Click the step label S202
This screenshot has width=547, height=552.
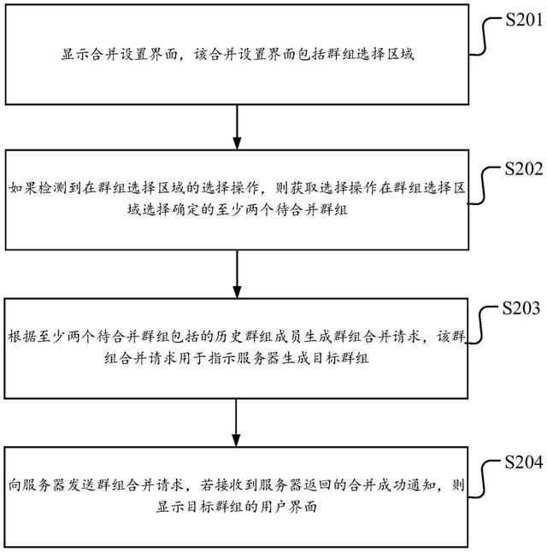[x=517, y=168]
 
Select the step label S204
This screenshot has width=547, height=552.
[x=517, y=465]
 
